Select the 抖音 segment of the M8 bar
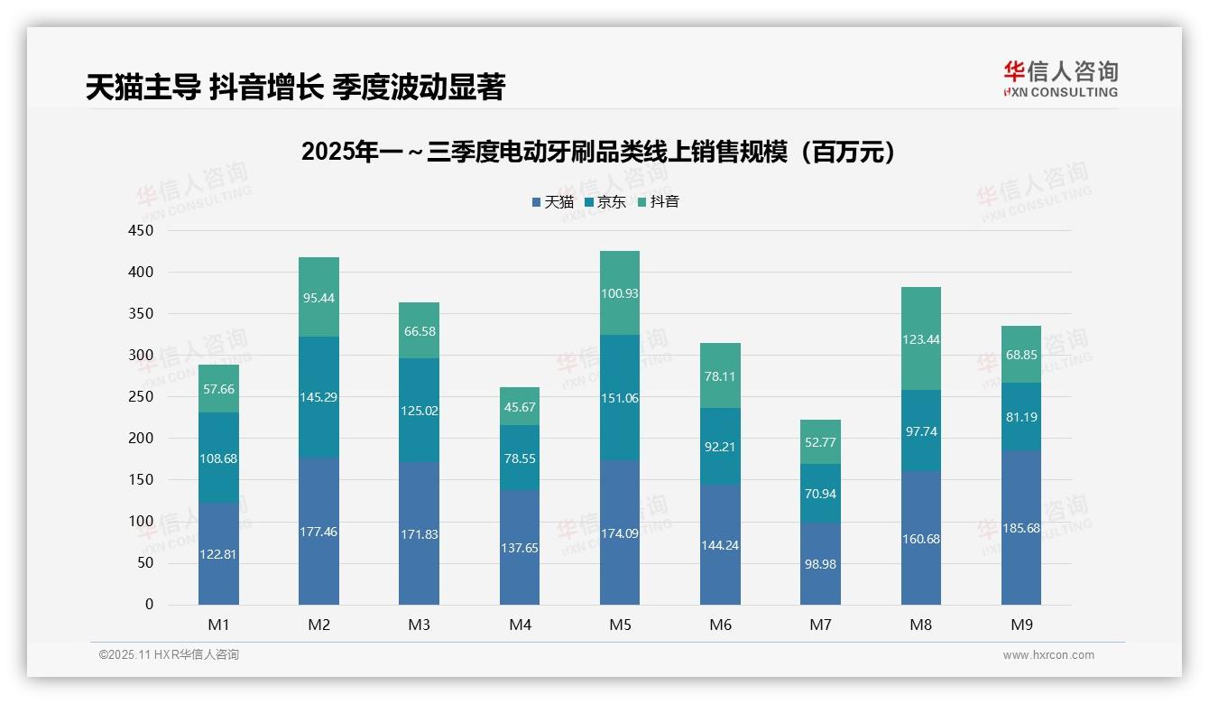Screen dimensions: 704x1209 920,338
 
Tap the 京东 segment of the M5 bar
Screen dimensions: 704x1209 619,397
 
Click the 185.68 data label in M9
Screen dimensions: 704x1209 1020,528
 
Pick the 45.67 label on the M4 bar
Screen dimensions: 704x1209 519,407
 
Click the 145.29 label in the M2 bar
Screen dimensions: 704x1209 318,397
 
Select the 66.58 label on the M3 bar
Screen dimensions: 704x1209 419,331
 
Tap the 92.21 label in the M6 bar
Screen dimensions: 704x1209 720,445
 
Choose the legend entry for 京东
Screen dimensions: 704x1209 605,202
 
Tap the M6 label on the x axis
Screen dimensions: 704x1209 720,625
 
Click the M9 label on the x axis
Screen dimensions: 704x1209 1020,625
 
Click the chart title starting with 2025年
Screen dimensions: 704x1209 602,152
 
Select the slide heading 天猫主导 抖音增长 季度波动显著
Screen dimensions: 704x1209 295,87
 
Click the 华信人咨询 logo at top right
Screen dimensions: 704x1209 1060,79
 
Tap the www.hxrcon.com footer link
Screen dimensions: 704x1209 1047,655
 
